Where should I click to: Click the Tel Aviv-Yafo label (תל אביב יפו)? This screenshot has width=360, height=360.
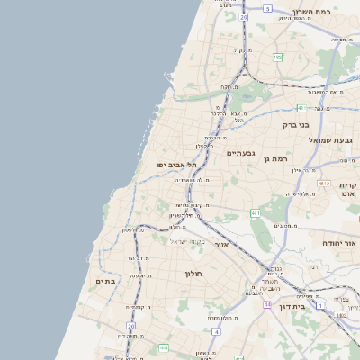pyautogui.click(x=170, y=165)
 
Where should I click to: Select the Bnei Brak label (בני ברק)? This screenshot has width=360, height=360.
pyautogui.click(x=296, y=125)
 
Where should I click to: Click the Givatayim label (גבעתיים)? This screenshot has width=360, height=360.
pyautogui.click(x=241, y=153)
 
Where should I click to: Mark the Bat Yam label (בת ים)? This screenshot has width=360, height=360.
pyautogui.click(x=106, y=282)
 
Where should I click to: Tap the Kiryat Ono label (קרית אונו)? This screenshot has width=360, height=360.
pyautogui.click(x=348, y=188)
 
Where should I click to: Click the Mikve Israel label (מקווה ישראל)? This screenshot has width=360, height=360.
pyautogui.click(x=188, y=241)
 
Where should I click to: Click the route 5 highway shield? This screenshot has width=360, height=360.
pyautogui.click(x=267, y=8)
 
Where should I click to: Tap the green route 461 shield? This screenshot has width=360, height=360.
pyautogui.click(x=256, y=213)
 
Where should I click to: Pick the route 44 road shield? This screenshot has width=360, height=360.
pyautogui.click(x=267, y=305)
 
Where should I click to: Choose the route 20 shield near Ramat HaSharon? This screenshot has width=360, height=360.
pyautogui.click(x=243, y=16)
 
